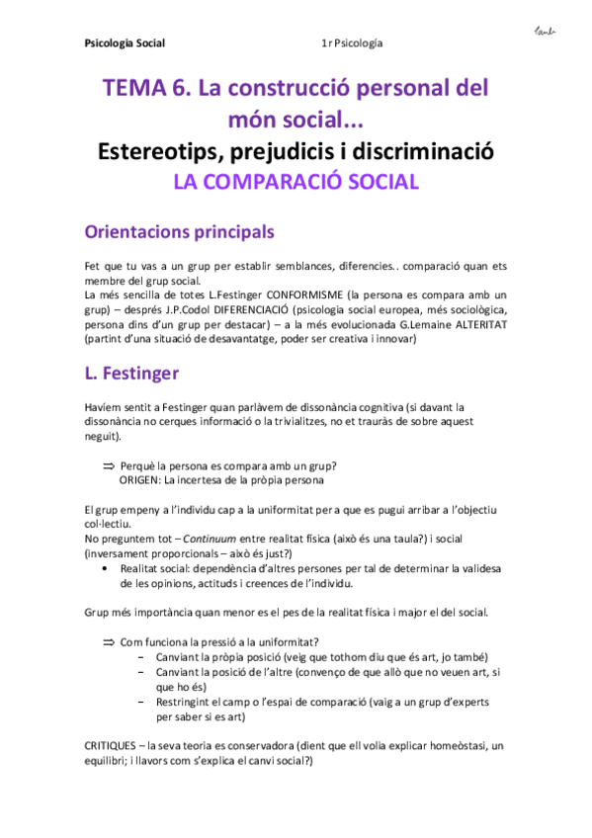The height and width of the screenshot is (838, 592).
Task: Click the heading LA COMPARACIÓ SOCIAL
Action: click(x=296, y=182)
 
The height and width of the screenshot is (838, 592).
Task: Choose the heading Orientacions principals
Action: click(x=180, y=233)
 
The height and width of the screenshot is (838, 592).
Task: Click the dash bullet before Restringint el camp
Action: click(x=144, y=703)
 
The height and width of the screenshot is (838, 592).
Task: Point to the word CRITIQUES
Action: click(x=109, y=746)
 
